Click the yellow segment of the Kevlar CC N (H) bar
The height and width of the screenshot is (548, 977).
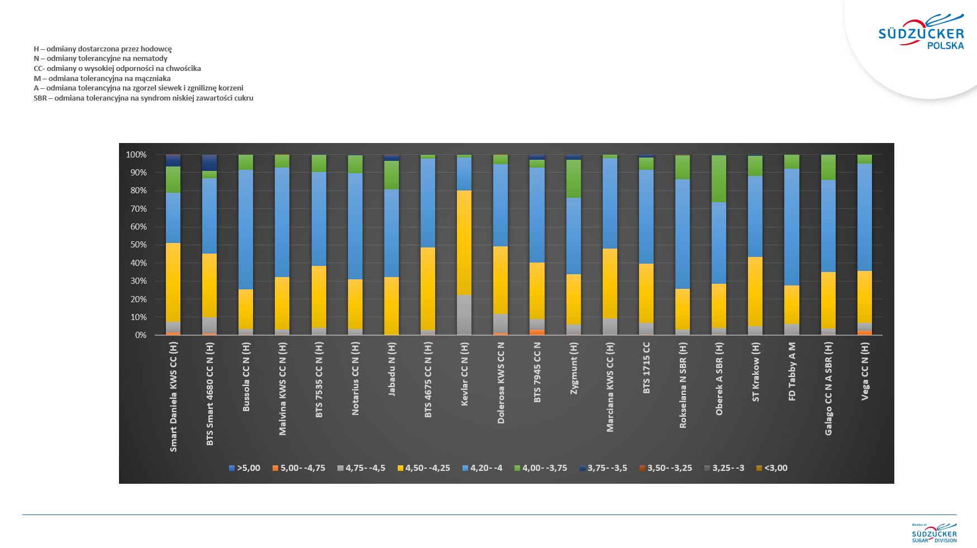pyautogui.click(x=464, y=242)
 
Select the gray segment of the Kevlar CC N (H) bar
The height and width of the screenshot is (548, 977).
pyautogui.click(x=464, y=314)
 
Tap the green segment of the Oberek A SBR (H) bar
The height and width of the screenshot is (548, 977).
pyautogui.click(x=719, y=179)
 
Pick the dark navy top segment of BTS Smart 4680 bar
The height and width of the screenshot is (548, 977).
pyautogui.click(x=209, y=163)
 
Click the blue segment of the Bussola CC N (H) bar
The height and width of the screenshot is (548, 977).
pyautogui.click(x=246, y=229)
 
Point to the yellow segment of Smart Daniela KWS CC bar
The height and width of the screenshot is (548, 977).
pyautogui.click(x=173, y=282)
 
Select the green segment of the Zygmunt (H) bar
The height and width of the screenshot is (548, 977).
pyautogui.click(x=574, y=179)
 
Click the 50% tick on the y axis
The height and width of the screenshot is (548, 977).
pyautogui.click(x=139, y=245)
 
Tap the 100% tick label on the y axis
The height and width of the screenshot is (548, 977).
pyautogui.click(x=136, y=155)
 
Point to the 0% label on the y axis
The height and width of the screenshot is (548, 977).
pyautogui.click(x=141, y=335)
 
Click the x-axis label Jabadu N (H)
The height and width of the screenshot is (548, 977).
pyautogui.click(x=392, y=369)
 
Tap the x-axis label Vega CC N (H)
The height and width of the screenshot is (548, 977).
pyautogui.click(x=865, y=371)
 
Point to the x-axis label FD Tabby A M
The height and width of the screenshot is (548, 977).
pyautogui.click(x=792, y=371)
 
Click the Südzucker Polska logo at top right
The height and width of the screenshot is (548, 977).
pyautogui.click(x=921, y=34)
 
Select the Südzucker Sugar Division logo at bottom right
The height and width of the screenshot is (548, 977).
pyautogui.click(x=935, y=533)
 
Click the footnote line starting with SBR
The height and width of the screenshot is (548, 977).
pyautogui.click(x=144, y=98)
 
